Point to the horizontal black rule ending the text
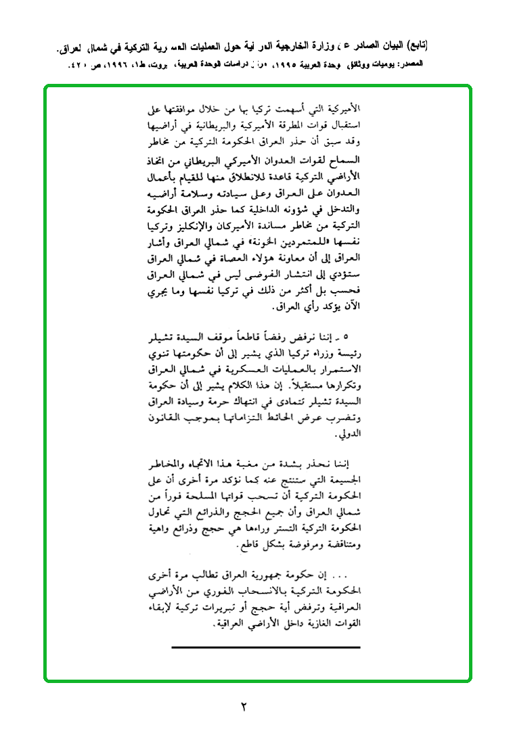click(266, 647)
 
